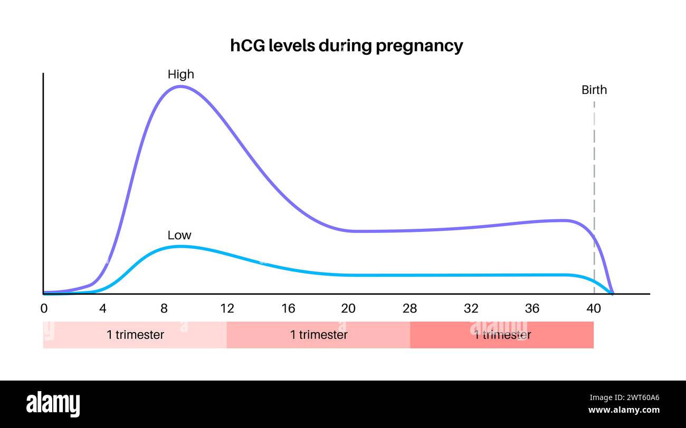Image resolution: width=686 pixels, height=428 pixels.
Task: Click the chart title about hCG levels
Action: (347, 45)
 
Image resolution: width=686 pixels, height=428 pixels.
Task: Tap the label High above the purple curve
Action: (180, 74)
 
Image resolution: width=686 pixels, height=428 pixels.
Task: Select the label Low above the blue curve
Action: (179, 235)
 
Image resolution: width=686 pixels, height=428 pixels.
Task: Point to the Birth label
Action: (594, 90)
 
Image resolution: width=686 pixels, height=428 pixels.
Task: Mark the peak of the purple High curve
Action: (180, 86)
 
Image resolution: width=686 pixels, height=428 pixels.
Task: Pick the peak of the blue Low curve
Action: (179, 246)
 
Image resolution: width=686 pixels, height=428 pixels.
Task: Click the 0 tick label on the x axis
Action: (44, 308)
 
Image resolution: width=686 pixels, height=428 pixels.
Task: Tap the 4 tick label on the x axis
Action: (102, 308)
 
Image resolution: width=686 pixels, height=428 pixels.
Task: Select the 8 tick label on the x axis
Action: (164, 308)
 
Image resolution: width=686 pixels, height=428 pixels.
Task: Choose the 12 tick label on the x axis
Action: (227, 308)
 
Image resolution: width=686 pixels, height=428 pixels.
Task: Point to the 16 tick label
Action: (288, 308)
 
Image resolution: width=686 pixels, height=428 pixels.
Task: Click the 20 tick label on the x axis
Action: (348, 308)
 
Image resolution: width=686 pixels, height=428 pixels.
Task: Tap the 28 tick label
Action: (409, 308)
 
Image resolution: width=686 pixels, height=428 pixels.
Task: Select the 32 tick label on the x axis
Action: (471, 308)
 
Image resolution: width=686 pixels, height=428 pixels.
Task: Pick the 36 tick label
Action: (532, 308)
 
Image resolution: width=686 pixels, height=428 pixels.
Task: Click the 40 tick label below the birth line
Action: (594, 308)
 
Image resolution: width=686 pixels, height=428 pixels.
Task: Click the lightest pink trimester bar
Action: (135, 335)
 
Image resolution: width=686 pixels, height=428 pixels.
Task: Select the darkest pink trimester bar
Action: (502, 335)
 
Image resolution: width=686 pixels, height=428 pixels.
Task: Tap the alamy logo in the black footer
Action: (53, 404)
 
